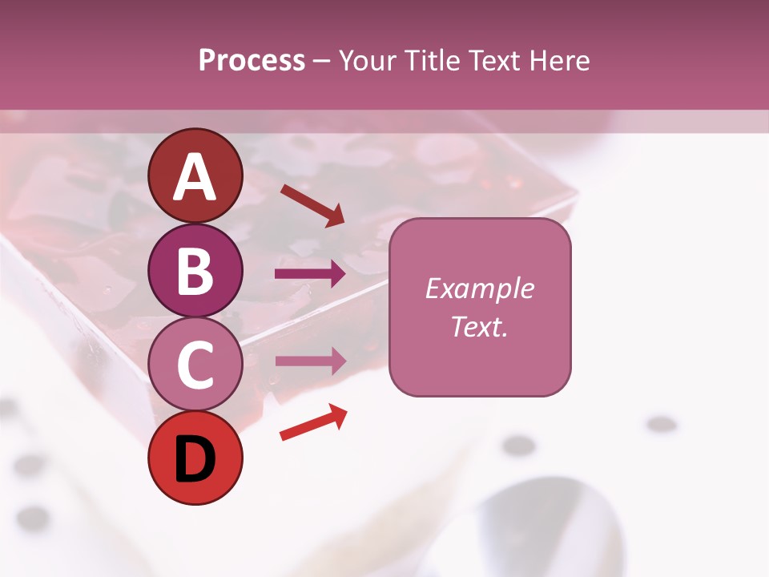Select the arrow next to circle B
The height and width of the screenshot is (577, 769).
point(310,274)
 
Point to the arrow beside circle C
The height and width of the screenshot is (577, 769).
point(310,361)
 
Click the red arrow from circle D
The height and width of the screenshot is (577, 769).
point(313,422)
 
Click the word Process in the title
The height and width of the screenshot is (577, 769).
point(252,61)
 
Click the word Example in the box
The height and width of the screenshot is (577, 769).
point(479,288)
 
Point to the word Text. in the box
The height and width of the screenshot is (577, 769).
point(479,327)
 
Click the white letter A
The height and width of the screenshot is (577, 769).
point(195,177)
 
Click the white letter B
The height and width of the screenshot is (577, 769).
point(195,271)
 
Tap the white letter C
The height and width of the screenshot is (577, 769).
point(195,365)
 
